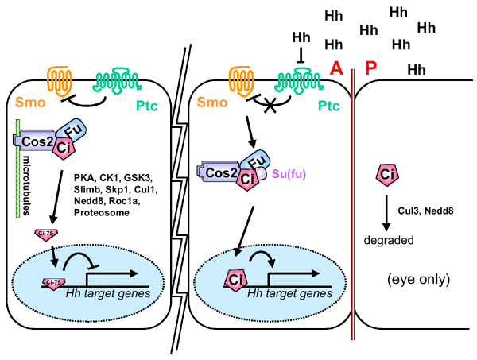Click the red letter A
[337, 68]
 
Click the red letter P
[371, 68]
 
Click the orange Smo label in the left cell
[25, 103]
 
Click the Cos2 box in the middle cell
[215, 171]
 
